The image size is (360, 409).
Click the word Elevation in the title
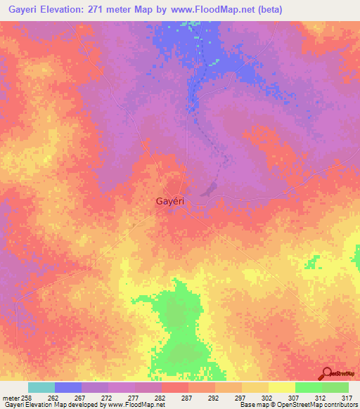point(67,9)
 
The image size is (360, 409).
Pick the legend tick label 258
point(27,398)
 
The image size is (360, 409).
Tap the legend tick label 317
point(347,398)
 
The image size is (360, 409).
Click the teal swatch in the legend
point(41,387)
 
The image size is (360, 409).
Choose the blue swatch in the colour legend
point(67,387)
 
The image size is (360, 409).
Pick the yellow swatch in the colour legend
point(281,387)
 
